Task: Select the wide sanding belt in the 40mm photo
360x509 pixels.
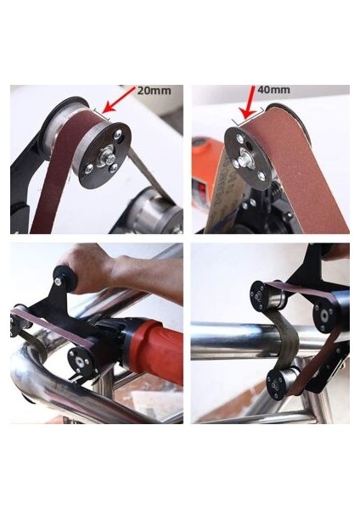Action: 297,161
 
